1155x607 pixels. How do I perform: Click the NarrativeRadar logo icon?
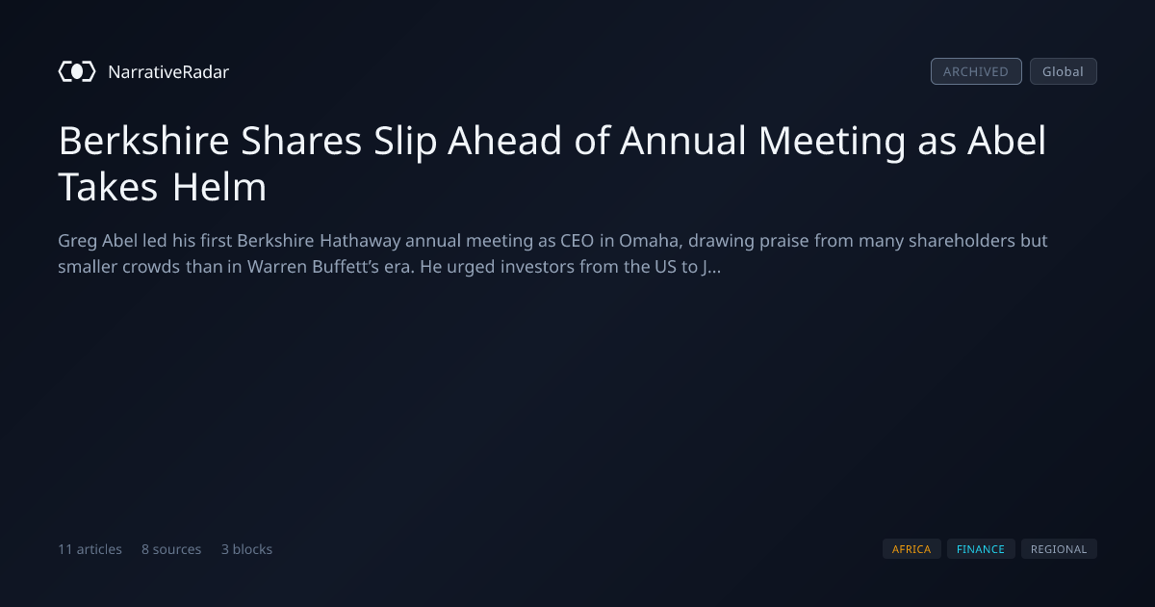click(x=77, y=71)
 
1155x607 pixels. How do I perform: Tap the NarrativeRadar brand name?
click(x=168, y=71)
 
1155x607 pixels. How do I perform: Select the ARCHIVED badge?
click(x=976, y=71)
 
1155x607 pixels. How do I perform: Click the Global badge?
click(x=1064, y=71)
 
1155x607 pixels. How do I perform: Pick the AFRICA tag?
click(x=911, y=549)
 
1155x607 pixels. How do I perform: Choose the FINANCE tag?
click(x=981, y=549)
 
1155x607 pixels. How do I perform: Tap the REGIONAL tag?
click(x=1059, y=549)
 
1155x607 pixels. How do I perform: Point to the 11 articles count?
click(x=90, y=549)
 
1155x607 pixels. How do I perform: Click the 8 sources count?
click(x=171, y=549)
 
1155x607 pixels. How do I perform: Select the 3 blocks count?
click(x=246, y=549)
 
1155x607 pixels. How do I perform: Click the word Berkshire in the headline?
click(x=143, y=141)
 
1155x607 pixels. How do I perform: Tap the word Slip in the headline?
click(x=405, y=142)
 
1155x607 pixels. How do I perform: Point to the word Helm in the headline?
click(x=219, y=187)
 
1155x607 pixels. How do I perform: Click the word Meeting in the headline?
click(x=832, y=142)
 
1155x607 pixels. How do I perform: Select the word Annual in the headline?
click(x=683, y=141)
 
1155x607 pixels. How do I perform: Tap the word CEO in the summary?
click(x=577, y=241)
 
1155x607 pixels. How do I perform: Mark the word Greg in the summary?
click(x=77, y=242)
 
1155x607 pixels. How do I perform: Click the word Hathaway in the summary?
click(x=360, y=242)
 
